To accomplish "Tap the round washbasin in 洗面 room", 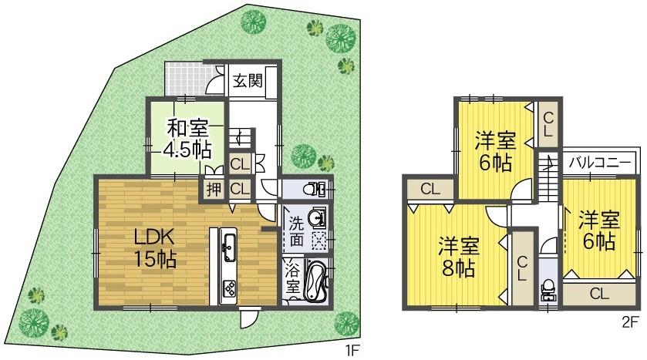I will tap(317, 219).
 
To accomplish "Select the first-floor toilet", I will tap(317, 189).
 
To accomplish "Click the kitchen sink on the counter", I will tap(228, 247).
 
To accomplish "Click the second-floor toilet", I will tap(548, 289).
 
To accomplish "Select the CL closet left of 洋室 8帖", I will tap(430, 188).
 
